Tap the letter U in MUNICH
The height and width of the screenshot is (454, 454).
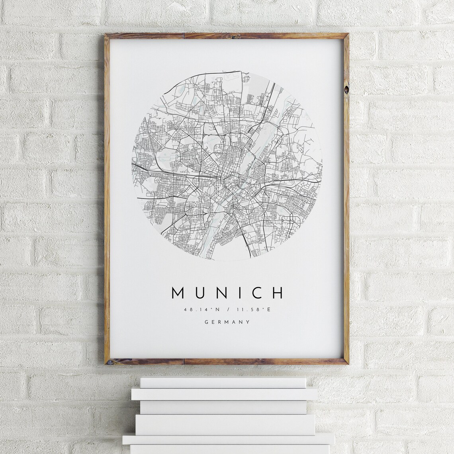tap(202, 292)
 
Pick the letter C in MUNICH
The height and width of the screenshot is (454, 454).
tap(256, 292)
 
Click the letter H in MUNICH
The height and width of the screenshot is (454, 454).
tap(278, 292)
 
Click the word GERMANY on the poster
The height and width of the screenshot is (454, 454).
tap(227, 322)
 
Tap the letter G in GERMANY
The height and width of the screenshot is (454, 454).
tap(206, 322)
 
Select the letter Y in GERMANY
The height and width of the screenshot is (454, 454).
tap(249, 322)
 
